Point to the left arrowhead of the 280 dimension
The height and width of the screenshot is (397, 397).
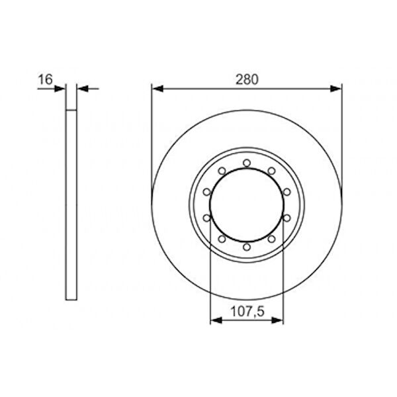(156, 87)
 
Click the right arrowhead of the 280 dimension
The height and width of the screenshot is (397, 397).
(337, 87)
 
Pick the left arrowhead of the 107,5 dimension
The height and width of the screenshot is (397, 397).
(214, 321)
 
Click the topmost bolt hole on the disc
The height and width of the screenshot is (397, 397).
(246, 163)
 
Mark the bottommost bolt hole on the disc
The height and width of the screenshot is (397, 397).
(246, 247)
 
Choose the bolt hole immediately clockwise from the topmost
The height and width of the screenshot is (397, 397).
(271, 171)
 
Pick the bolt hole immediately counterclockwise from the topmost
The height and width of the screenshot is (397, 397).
(222, 171)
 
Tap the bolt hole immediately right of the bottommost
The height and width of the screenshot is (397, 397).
(271, 240)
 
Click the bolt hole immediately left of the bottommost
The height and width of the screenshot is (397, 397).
(222, 240)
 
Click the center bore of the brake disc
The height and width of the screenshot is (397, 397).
(246, 205)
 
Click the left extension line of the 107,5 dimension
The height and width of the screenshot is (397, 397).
(210, 278)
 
